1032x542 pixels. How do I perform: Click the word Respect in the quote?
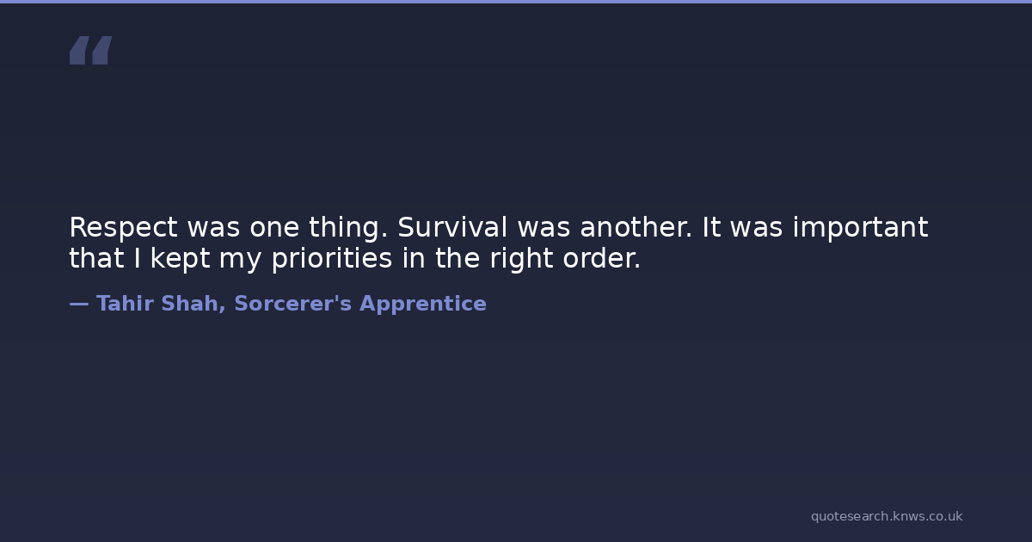[x=123, y=228]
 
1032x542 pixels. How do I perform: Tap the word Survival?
[x=452, y=227]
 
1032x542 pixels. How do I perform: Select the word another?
[x=636, y=227]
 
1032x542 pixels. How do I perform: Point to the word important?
[x=860, y=228]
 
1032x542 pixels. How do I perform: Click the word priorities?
[x=332, y=259]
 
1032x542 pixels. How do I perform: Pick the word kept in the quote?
[x=180, y=259]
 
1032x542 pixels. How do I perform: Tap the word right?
[x=521, y=259]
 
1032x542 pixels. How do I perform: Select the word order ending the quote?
[x=601, y=258]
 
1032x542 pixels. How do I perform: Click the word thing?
[x=348, y=228]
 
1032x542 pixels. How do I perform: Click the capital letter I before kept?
[x=137, y=258]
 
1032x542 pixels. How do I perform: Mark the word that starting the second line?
[x=96, y=258]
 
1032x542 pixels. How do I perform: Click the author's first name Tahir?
[x=125, y=303]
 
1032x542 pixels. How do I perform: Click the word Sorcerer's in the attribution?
[x=293, y=303]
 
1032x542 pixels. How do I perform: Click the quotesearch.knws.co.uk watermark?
[x=887, y=516]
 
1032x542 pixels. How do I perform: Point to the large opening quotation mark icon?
[x=91, y=50]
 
